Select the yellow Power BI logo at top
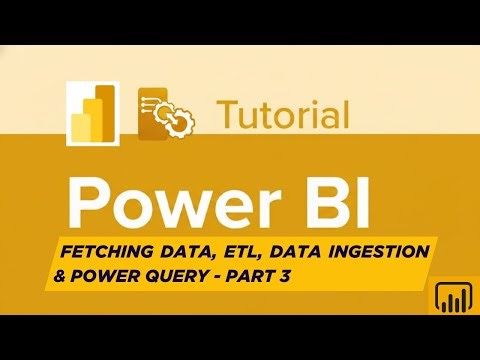[91, 113]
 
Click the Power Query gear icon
[170, 113]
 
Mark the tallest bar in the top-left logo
[102, 110]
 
